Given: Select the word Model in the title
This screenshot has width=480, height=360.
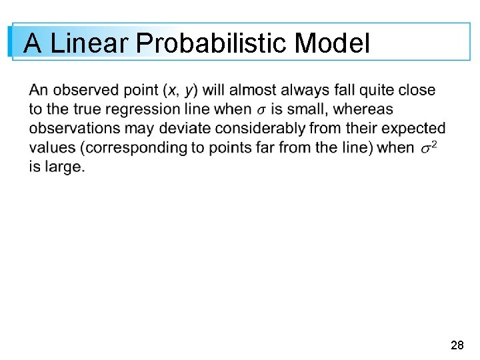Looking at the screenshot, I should (331, 44).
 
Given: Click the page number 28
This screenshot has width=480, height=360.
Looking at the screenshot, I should (457, 345).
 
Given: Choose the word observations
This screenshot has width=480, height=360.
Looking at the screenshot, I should (71, 129).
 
